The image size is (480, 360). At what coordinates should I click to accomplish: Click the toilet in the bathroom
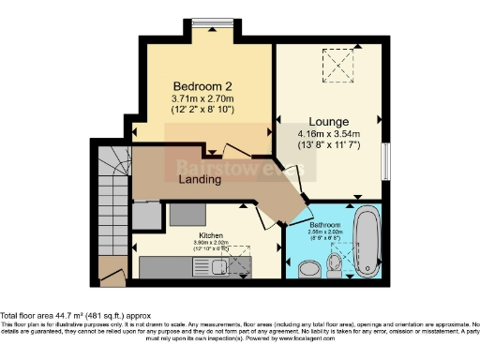click(x=308, y=269)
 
